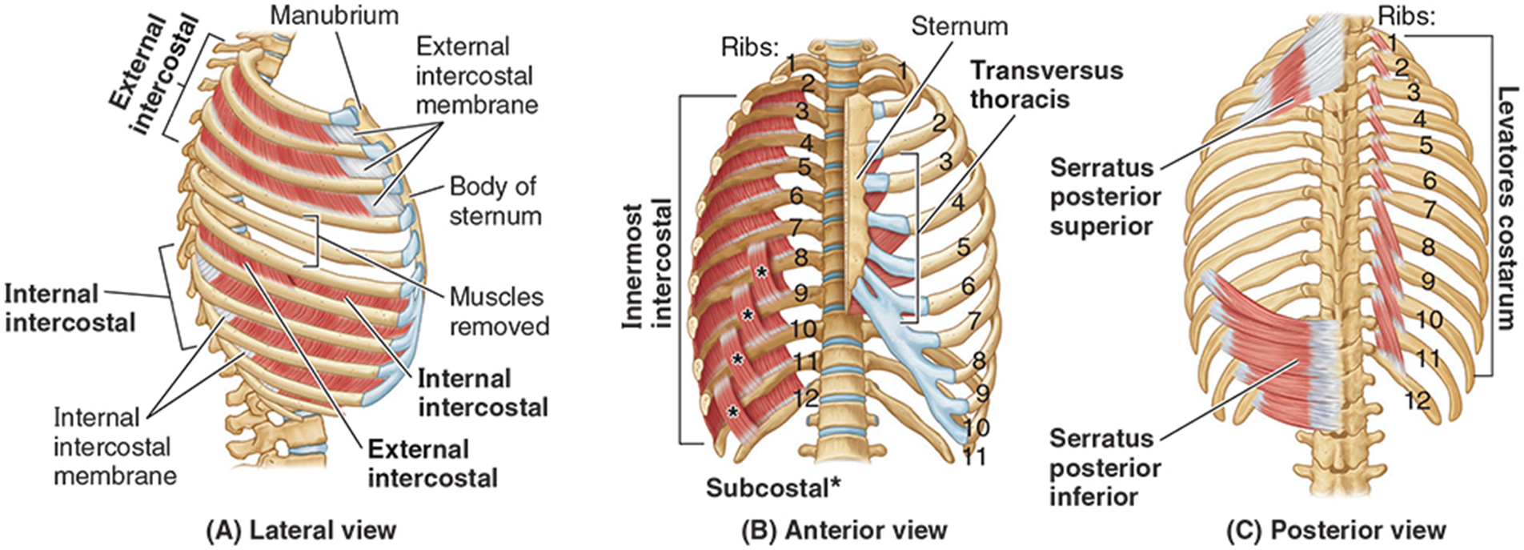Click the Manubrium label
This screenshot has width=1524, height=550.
coord(334,14)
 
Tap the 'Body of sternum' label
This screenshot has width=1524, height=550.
coord(494,201)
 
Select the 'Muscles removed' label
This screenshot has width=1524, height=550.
coord(499,311)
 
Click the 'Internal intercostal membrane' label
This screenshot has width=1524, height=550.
coord(114,447)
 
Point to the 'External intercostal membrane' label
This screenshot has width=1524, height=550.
coord(475,76)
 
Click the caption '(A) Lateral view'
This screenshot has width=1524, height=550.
coord(301,530)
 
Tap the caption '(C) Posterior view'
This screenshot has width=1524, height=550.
coord(1336,530)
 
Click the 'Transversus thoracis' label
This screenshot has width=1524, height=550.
coord(1046,84)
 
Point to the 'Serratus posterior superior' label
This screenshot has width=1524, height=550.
coord(1105,197)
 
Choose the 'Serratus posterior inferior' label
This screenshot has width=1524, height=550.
coord(1105,468)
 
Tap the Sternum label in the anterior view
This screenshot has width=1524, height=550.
coord(959,26)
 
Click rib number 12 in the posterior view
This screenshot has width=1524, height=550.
coord(1417,399)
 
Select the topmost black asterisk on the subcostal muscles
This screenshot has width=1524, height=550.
coord(761,272)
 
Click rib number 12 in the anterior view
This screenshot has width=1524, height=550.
coord(807,396)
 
